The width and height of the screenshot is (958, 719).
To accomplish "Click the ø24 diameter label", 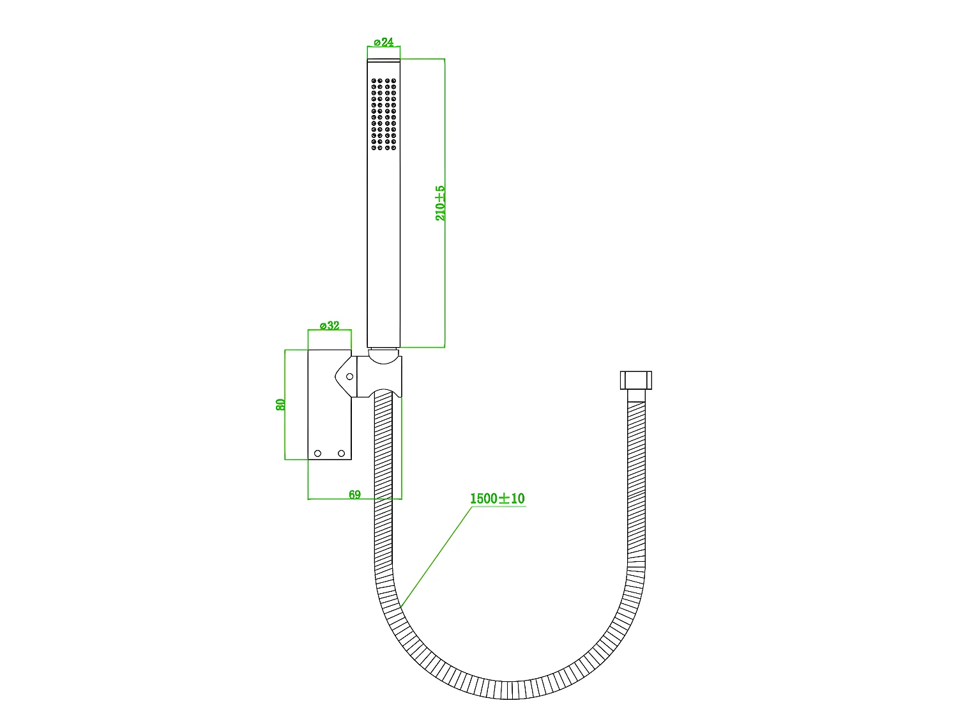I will pos(383,42).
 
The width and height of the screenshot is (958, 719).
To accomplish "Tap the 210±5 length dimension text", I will pos(440,203).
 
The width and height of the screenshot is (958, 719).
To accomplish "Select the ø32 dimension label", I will pos(330,326).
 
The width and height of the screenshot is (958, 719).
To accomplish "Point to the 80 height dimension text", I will pos(280,404).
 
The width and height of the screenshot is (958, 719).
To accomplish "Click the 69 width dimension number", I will pos(354,494).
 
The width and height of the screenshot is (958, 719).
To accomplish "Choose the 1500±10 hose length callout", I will pos(497,499).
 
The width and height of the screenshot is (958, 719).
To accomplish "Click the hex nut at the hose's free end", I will pos(635,380).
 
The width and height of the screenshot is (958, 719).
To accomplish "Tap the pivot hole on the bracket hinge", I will pos(349,376).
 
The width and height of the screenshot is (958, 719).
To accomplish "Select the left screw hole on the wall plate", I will pos(317,454).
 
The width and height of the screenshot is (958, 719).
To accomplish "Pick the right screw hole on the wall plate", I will pos(341,454).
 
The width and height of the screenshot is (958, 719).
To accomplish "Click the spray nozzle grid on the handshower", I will pos(384,115).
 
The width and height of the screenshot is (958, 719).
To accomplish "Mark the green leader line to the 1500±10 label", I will pos(434,556).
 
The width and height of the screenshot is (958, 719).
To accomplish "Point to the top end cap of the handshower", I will pos(384,61).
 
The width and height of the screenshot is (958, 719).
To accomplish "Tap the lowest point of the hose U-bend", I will pos(509,690).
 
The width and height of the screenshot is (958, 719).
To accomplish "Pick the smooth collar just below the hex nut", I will pos(636,396).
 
